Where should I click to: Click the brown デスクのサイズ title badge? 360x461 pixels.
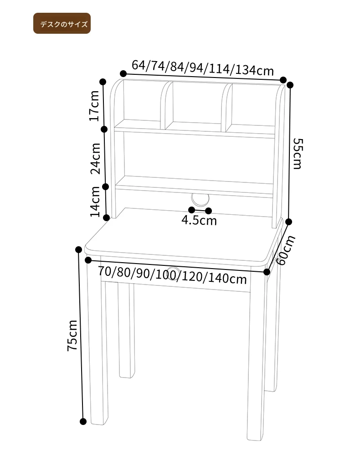click(x=62, y=23)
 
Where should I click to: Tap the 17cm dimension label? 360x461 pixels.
click(x=94, y=106)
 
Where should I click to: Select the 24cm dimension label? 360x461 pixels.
click(x=95, y=159)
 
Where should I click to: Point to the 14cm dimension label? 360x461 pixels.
click(x=95, y=202)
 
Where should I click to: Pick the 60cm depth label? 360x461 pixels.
click(x=285, y=250)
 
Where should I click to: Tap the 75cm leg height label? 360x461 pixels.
click(x=72, y=335)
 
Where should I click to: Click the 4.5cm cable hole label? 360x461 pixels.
click(x=199, y=220)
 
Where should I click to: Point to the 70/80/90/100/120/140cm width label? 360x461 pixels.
click(x=172, y=275)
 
